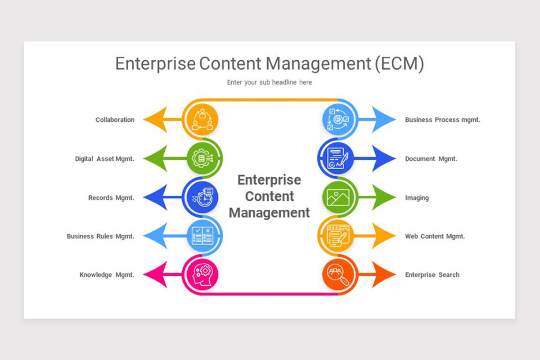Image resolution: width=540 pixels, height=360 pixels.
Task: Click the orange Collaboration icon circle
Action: (x=202, y=120)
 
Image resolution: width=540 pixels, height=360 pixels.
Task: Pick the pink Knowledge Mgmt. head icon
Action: (x=202, y=274)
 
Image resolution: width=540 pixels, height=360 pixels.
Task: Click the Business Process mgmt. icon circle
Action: (x=338, y=120)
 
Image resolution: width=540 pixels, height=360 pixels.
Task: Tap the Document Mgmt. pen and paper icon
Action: (x=338, y=158)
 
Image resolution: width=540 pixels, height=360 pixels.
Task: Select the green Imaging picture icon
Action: (x=338, y=198)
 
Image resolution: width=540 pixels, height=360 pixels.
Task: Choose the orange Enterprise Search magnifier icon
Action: (x=338, y=274)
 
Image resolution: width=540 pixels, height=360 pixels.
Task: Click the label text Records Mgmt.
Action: (x=111, y=198)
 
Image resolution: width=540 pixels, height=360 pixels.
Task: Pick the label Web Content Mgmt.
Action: (x=435, y=236)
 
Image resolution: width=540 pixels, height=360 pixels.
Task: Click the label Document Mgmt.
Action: (x=431, y=159)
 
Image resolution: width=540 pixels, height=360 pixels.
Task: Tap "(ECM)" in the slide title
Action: (x=399, y=64)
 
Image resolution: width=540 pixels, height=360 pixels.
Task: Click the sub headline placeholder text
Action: (x=269, y=82)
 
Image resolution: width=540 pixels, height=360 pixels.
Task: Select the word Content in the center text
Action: (x=270, y=196)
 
